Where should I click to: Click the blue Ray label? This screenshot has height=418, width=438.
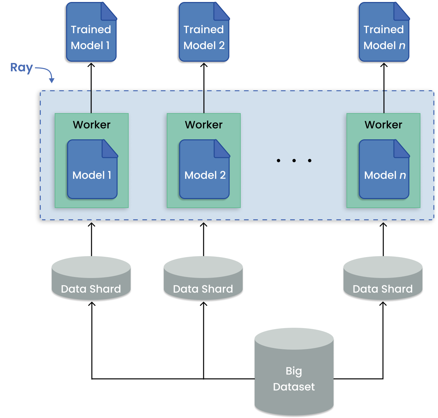pyautogui.click(x=22, y=67)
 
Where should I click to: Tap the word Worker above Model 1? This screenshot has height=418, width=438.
pyautogui.click(x=92, y=125)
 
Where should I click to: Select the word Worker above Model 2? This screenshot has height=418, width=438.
pyautogui.click(x=204, y=125)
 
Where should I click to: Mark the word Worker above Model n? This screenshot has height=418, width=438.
pyautogui.click(x=383, y=125)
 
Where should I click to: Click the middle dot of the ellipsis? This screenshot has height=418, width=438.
pyautogui.click(x=294, y=161)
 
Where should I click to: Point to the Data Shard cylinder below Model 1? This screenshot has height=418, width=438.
pyautogui.click(x=91, y=279)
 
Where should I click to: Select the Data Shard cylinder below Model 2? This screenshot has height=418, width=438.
pyautogui.click(x=203, y=279)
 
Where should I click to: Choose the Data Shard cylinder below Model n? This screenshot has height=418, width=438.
pyautogui.click(x=383, y=279)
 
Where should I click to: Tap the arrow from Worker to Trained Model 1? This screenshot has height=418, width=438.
pyautogui.click(x=91, y=88)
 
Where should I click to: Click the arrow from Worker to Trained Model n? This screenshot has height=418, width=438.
pyautogui.click(x=384, y=88)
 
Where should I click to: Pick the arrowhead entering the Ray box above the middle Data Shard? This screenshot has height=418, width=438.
pyautogui.click(x=204, y=225)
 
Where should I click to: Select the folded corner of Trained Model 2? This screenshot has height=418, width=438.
pyautogui.click(x=221, y=11)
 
